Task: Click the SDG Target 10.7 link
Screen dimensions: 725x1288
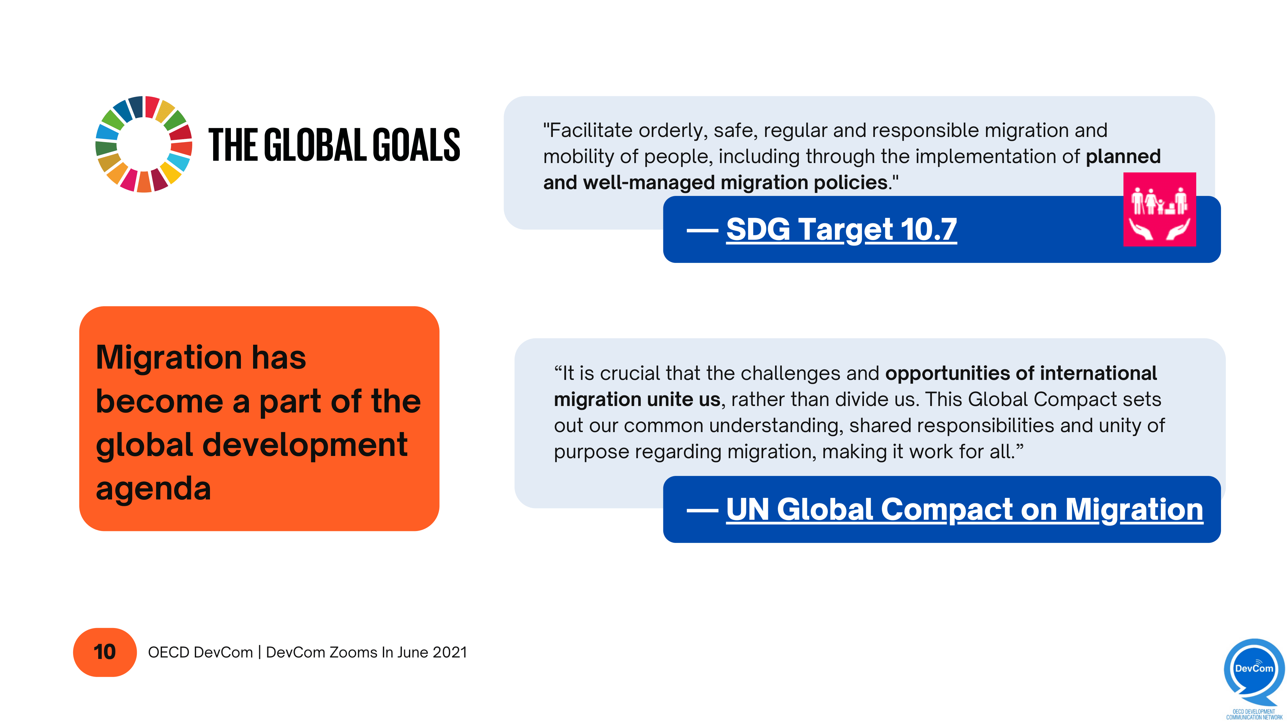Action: (x=841, y=230)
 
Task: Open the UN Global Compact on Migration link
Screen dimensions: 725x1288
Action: (x=964, y=509)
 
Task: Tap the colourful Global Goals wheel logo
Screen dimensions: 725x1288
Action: (x=144, y=144)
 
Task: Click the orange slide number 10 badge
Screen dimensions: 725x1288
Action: (x=105, y=652)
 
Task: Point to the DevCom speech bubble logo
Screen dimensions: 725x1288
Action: (x=1254, y=671)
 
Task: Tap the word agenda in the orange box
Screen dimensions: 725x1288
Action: (x=153, y=489)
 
